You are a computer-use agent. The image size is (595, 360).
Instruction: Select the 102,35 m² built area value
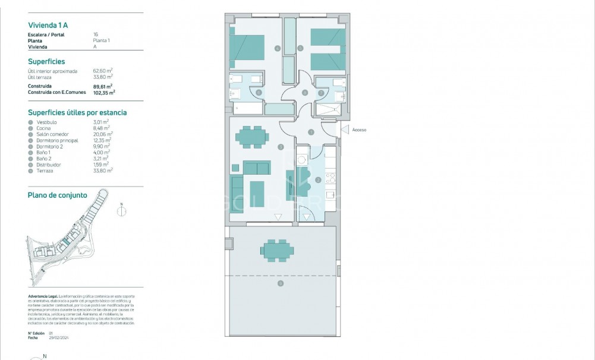(104, 92)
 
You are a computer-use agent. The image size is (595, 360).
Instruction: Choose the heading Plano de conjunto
(58, 195)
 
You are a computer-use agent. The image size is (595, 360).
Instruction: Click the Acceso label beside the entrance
(359, 130)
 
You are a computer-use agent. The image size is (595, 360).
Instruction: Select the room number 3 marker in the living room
(280, 146)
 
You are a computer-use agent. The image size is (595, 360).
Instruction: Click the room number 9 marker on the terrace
(280, 283)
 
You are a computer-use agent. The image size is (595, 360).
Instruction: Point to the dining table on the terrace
(276, 250)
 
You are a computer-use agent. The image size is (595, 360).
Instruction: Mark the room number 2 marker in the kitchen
(319, 180)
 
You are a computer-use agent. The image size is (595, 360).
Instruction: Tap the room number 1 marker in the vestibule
(311, 132)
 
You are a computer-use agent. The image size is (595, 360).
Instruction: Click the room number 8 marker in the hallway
(305, 92)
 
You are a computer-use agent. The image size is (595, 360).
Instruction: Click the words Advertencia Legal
(42, 295)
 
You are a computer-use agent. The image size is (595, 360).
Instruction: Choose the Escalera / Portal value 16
(96, 34)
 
